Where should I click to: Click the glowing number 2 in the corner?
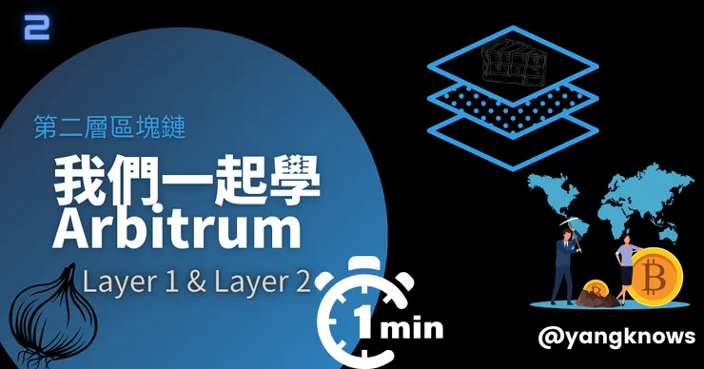(x=37, y=27)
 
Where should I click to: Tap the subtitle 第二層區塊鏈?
(x=110, y=126)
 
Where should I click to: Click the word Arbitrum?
(x=176, y=229)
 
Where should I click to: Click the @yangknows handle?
(x=616, y=337)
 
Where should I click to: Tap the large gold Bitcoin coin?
(x=655, y=276)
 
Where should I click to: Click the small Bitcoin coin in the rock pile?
(x=596, y=290)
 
